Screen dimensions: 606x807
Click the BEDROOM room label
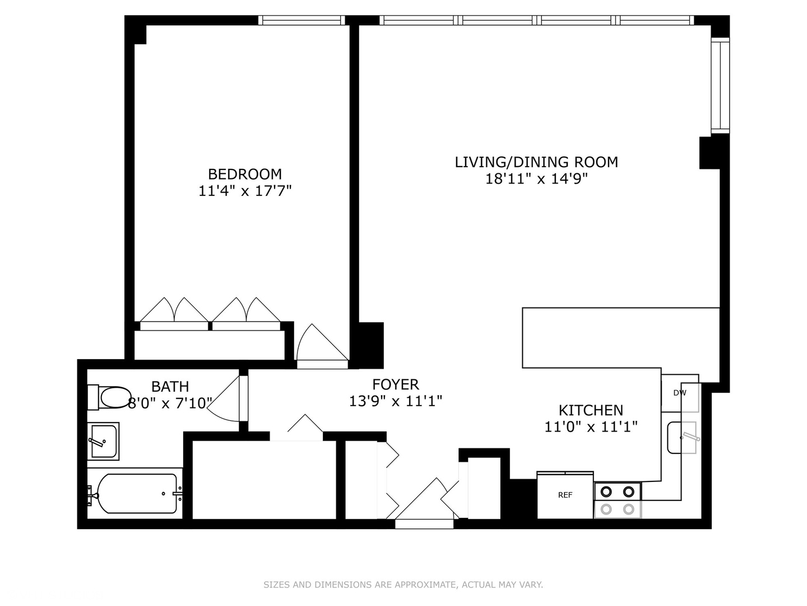click(x=245, y=174)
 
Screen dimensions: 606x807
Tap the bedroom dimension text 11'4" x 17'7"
click(x=245, y=191)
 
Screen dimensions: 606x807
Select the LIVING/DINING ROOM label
click(x=536, y=162)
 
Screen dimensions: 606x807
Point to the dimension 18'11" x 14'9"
click(x=536, y=180)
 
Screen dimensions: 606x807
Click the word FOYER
click(x=396, y=384)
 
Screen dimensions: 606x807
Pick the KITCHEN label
click(x=591, y=410)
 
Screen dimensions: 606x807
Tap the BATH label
click(x=170, y=387)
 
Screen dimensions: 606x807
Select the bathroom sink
click(x=103, y=440)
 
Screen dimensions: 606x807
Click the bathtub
click(x=137, y=494)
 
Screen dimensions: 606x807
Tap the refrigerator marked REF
click(x=565, y=495)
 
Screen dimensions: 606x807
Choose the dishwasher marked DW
click(x=680, y=393)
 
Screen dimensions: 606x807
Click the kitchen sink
click(x=682, y=437)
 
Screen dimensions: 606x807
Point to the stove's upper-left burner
click(x=606, y=492)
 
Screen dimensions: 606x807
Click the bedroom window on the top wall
click(x=302, y=21)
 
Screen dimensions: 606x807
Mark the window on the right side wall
click(x=720, y=85)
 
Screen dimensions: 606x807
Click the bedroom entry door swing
click(x=321, y=345)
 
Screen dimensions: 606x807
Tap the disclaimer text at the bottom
click(x=403, y=585)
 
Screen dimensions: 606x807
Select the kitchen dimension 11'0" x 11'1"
click(x=591, y=428)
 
